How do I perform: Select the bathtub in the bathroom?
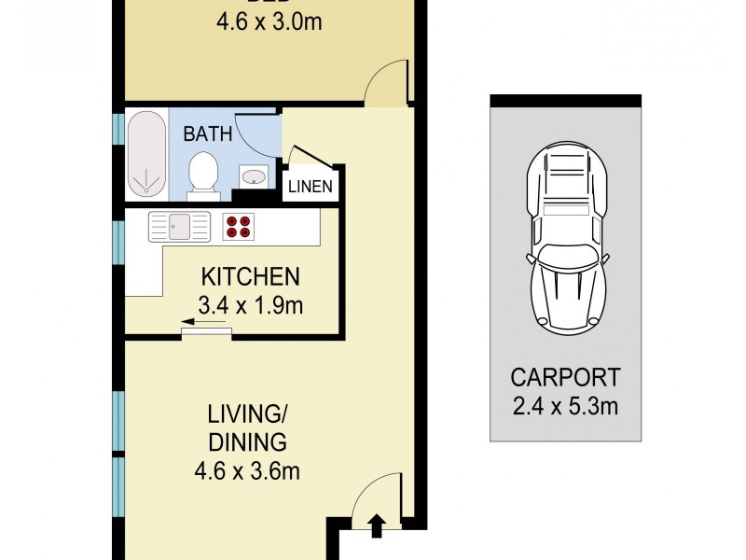145,156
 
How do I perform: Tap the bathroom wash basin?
253,175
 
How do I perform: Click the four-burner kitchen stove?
237,225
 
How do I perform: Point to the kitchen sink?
180,225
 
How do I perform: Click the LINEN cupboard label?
310,186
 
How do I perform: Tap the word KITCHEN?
250,277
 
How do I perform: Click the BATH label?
207,133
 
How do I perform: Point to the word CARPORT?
565,378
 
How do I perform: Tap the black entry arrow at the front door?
376,526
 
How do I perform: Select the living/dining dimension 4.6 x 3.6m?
248,468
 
